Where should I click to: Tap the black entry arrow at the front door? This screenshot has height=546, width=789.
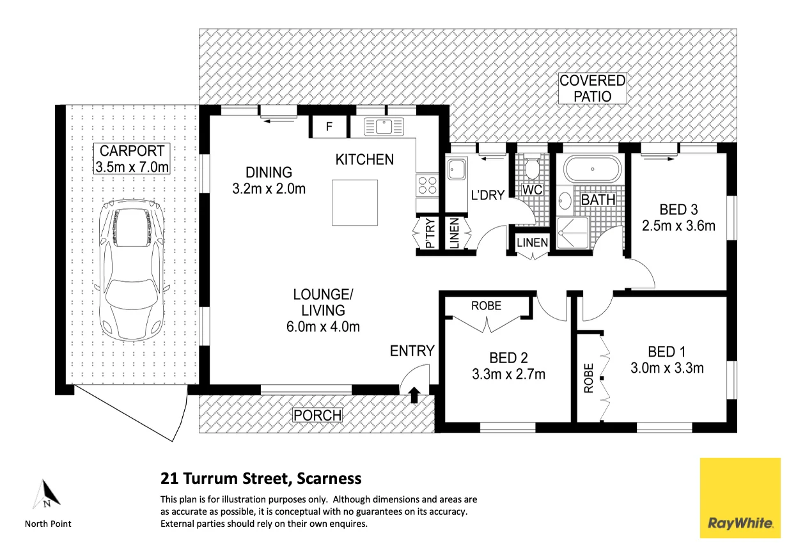(x=414, y=395)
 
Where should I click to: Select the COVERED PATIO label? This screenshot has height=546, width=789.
(x=593, y=88)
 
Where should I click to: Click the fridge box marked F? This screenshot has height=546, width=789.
(x=329, y=127)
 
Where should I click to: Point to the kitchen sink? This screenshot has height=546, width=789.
(x=384, y=127)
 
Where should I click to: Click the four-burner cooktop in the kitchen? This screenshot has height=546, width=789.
(x=427, y=185)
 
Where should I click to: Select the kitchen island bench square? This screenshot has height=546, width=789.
(x=355, y=203)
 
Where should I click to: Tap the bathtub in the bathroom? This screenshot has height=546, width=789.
(x=593, y=169)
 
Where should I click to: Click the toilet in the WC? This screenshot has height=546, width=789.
(x=532, y=168)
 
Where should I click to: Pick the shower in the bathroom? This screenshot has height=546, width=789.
(x=573, y=233)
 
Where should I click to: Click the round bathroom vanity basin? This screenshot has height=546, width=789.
(x=565, y=201)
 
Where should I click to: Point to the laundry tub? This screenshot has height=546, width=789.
(x=457, y=169)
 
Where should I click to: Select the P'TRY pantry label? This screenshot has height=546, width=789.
(x=430, y=233)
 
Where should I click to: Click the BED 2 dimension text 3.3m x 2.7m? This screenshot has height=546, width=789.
(x=508, y=374)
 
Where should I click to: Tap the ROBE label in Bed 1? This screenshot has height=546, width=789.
(x=589, y=378)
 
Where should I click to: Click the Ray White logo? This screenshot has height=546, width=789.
(x=740, y=498)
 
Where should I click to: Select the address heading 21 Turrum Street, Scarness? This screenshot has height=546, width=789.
(x=261, y=479)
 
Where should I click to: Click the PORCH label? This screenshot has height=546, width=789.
(x=317, y=416)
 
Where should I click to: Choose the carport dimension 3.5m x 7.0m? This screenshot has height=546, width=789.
(x=132, y=167)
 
